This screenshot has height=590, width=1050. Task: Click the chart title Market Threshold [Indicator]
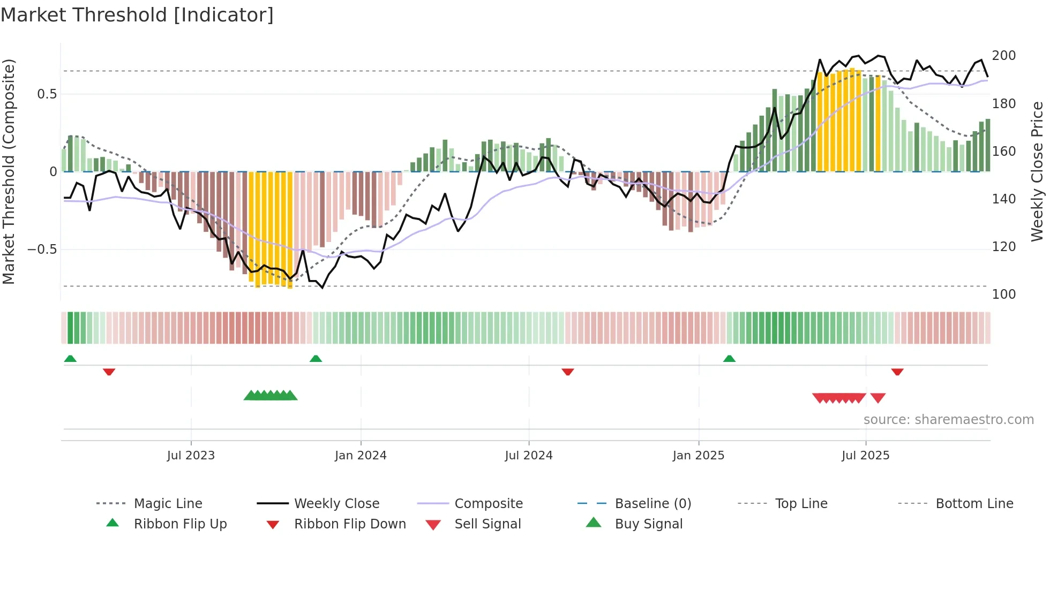(137, 15)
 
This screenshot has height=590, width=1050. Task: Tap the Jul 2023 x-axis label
(191, 456)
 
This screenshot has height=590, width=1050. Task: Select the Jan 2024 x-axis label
(361, 456)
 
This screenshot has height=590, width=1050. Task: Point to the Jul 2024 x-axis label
(529, 456)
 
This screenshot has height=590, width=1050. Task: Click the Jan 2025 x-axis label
(699, 456)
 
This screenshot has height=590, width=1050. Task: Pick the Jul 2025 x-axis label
(866, 456)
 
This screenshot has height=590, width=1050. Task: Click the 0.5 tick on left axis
(47, 94)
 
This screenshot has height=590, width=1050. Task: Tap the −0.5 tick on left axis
(42, 249)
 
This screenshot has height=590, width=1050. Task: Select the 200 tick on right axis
(1004, 56)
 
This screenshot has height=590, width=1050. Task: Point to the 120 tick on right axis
(1004, 247)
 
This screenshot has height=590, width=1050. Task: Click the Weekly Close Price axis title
(1037, 171)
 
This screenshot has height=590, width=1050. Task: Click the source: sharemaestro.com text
(948, 420)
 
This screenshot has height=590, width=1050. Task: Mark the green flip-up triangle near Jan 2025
(729, 359)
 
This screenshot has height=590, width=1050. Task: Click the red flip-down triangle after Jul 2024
(568, 372)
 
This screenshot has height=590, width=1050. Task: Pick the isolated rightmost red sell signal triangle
(878, 398)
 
